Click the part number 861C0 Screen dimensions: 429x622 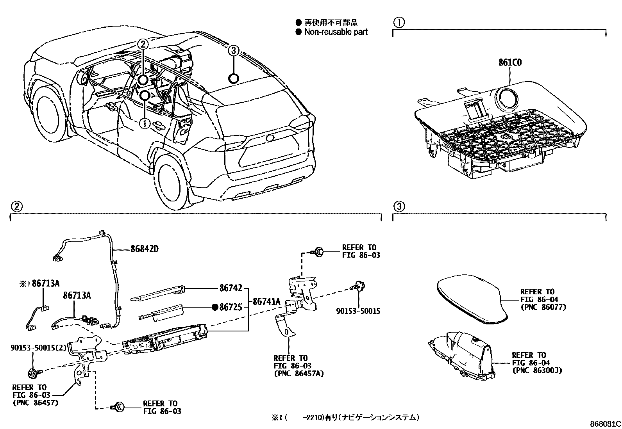510,62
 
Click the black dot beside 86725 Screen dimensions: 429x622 214,307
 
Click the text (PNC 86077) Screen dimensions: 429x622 543,307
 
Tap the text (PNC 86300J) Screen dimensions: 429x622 537,370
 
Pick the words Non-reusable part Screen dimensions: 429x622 336,32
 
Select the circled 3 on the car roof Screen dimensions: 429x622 233,50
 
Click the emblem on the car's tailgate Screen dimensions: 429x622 270,137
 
